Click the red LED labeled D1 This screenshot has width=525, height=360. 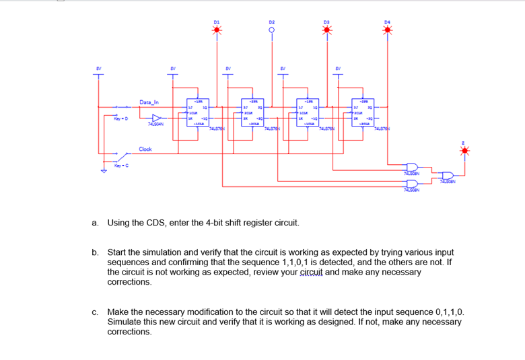(217, 29)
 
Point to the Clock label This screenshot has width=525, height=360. (145, 149)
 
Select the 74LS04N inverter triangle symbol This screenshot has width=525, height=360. (156, 116)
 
